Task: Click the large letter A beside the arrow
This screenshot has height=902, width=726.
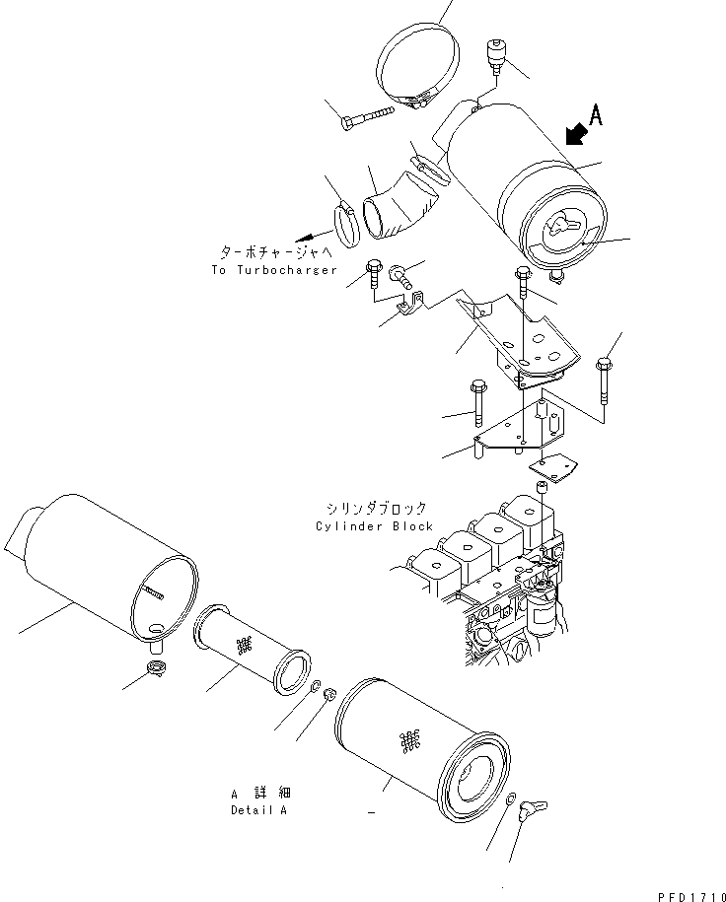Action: [x=595, y=116]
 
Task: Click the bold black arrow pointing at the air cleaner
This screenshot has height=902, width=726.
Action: [x=569, y=134]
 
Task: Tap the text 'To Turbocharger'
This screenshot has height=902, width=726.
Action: [x=274, y=270]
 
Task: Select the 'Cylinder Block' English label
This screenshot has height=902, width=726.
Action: [x=374, y=525]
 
